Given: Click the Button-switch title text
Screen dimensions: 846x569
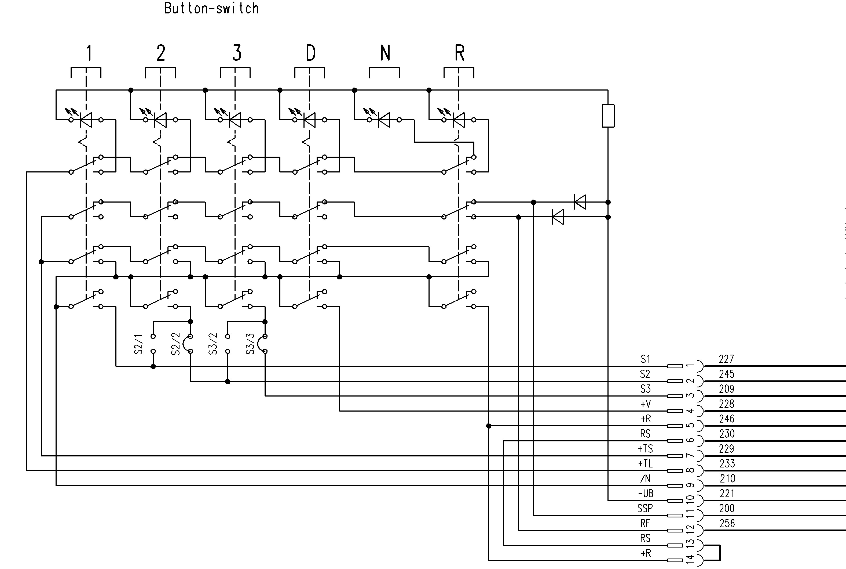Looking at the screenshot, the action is [211, 8].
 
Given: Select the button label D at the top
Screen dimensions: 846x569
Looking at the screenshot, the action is [311, 53].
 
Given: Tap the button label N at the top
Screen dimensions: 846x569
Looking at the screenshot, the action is [385, 53].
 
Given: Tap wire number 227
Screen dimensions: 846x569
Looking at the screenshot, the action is [726, 359].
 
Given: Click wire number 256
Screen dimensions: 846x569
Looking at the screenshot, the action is [727, 523].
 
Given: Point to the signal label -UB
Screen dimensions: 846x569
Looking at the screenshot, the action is [646, 494].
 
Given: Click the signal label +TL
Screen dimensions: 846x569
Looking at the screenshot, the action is [645, 463].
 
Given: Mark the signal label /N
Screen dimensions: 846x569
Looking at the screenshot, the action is [645, 479].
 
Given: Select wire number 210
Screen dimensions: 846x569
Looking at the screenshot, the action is [727, 479].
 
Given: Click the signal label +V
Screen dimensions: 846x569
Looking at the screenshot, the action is [646, 404].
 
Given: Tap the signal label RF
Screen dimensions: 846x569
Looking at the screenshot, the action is [645, 523].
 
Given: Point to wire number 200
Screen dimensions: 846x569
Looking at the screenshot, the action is [727, 508].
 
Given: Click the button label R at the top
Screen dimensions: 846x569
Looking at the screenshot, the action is [460, 53].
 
